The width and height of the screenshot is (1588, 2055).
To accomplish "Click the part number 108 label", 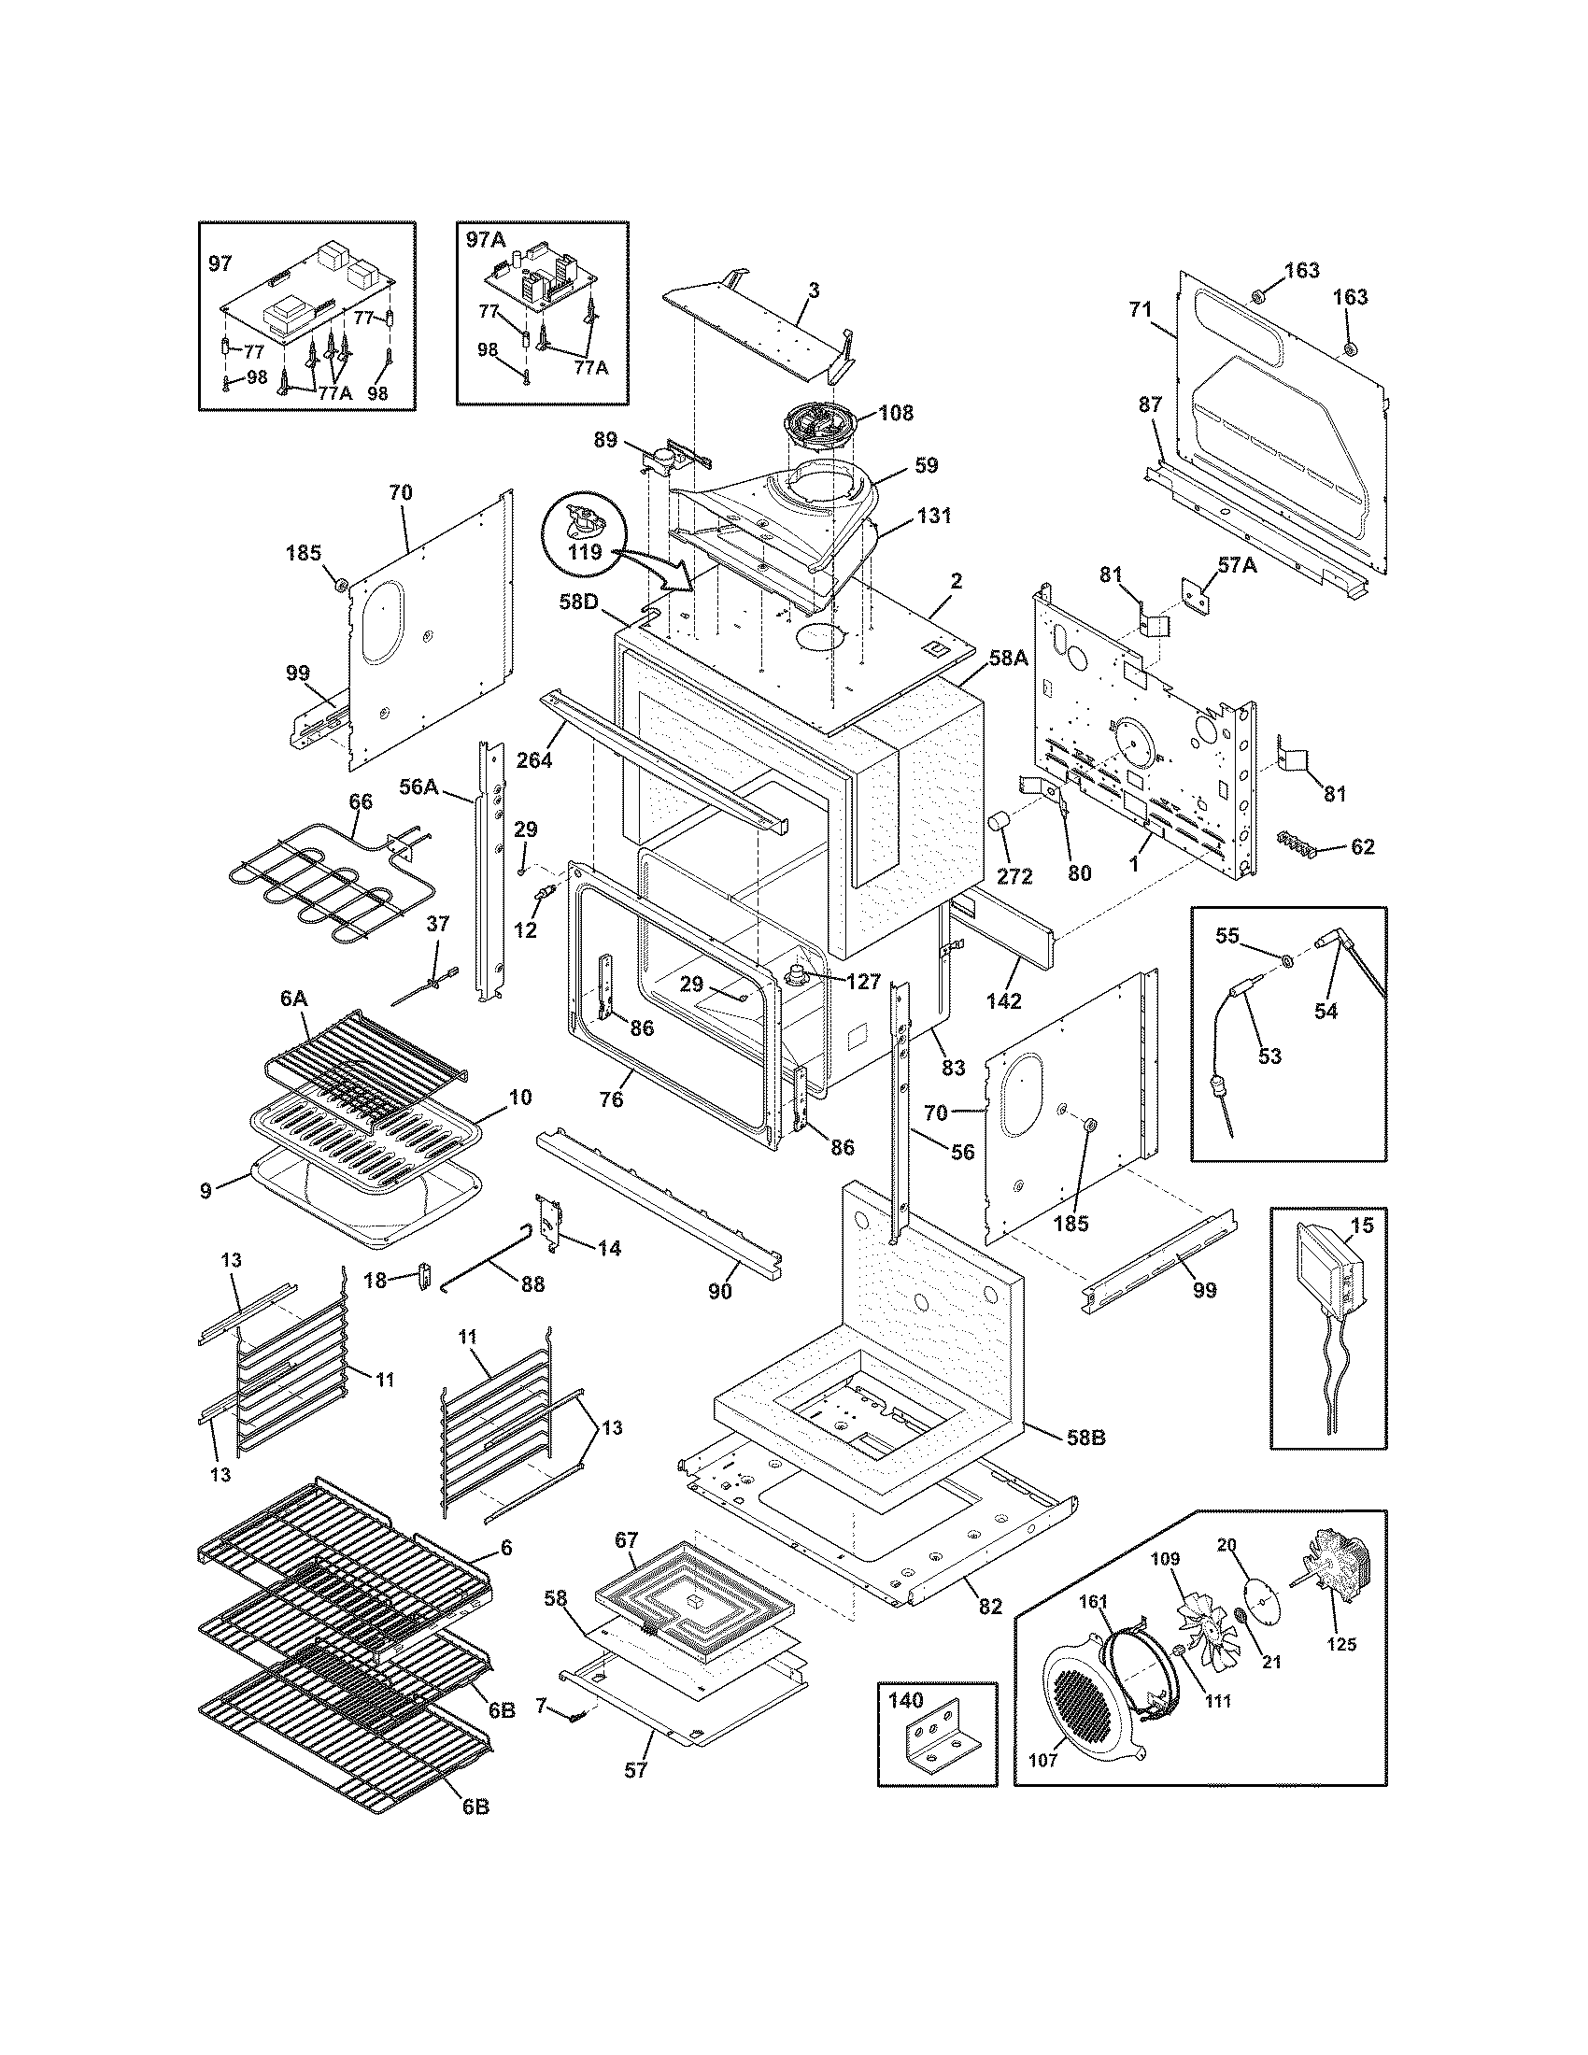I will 896,412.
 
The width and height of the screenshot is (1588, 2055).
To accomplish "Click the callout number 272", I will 1014,876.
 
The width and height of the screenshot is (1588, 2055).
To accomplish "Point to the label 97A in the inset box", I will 486,240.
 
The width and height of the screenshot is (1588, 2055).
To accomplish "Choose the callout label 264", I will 533,759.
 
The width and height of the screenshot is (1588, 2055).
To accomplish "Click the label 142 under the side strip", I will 1004,1001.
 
